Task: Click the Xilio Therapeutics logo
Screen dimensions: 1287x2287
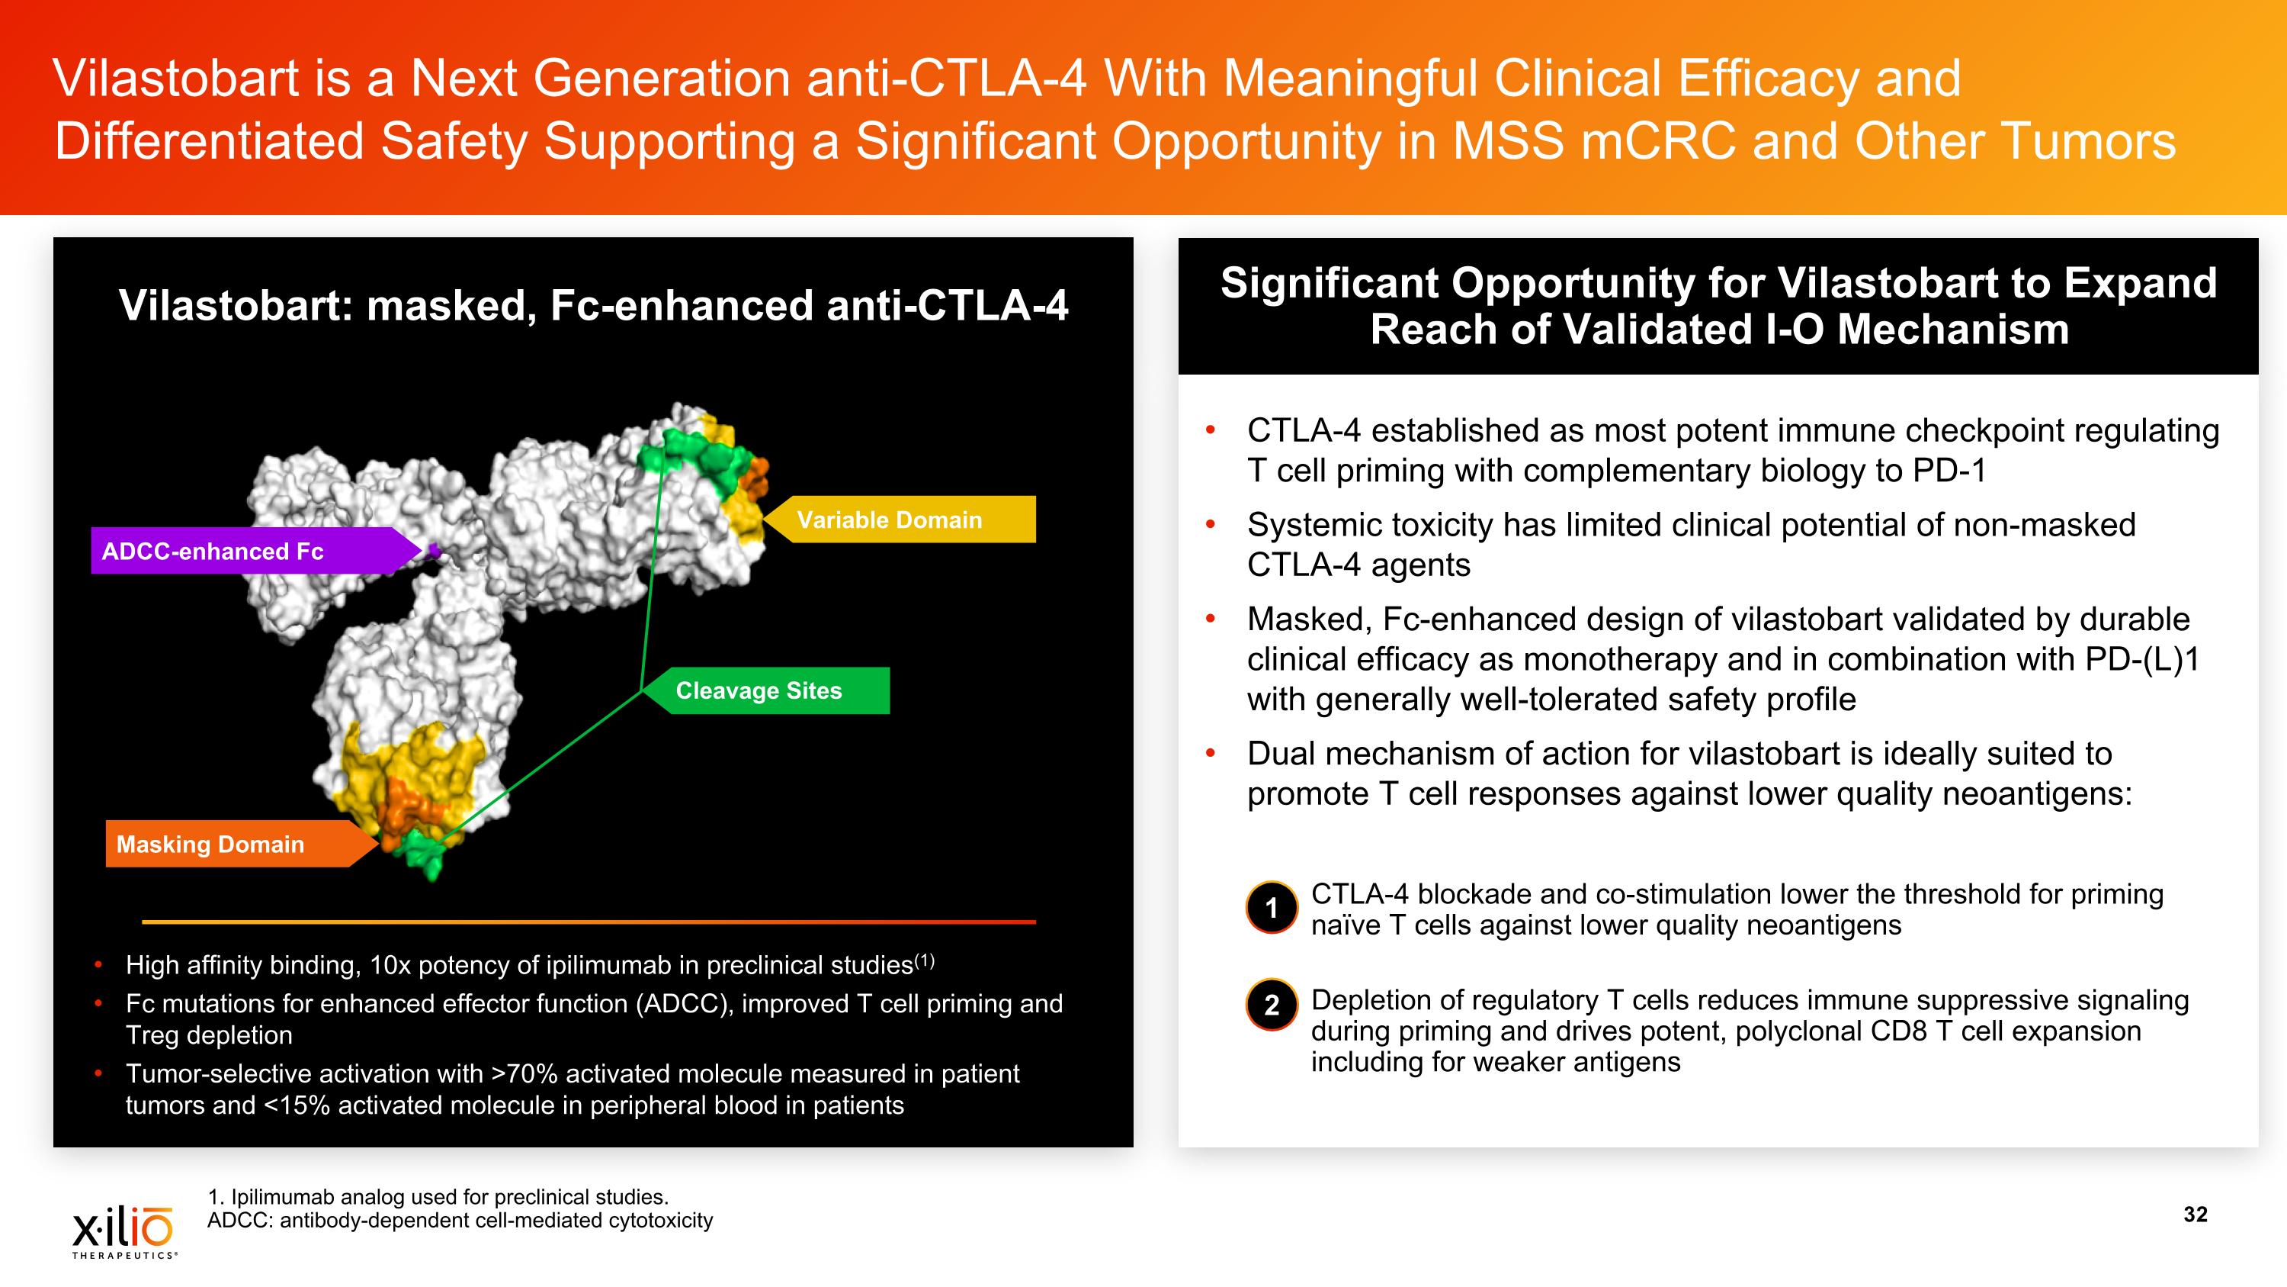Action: (x=124, y=1230)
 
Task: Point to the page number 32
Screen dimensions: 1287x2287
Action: (x=2195, y=1215)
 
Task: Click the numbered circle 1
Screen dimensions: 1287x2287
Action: (x=1272, y=908)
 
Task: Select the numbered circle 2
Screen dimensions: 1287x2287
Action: (x=1272, y=1005)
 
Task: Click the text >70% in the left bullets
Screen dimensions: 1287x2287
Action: (x=524, y=1074)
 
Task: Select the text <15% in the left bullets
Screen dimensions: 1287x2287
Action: (x=297, y=1105)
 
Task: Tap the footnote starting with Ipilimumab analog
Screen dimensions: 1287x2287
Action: (x=438, y=1196)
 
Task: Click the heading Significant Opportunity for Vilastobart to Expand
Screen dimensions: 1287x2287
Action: (x=1718, y=282)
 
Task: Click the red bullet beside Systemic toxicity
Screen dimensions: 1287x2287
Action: (x=1209, y=525)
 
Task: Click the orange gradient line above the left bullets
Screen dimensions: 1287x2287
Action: (x=589, y=922)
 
